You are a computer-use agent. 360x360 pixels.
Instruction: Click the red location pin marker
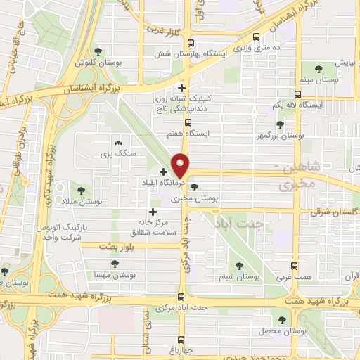181,165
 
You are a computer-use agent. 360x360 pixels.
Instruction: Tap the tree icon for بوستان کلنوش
97,51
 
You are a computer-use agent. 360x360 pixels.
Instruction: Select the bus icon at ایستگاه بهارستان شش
256,38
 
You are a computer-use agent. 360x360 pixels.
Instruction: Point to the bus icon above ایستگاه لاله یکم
298,94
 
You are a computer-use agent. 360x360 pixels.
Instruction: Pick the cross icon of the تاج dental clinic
182,88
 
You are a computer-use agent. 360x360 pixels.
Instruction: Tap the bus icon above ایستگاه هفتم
187,122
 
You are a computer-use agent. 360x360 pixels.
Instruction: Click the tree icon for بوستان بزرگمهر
280,124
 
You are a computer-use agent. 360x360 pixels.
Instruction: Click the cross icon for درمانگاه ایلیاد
164,172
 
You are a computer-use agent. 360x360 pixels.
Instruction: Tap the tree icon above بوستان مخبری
193,188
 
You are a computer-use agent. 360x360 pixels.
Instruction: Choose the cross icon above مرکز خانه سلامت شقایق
153,212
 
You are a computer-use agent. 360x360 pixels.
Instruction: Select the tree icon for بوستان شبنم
240,266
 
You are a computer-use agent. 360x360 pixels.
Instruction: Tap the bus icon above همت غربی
295,267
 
